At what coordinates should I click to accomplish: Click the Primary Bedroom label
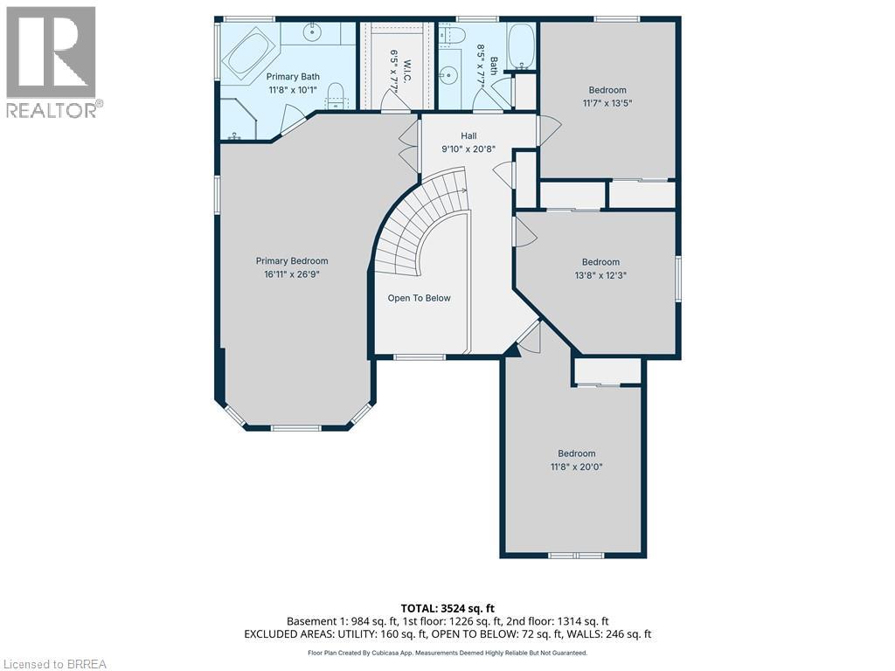[x=292, y=260]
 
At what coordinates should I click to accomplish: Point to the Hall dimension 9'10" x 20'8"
[x=468, y=149]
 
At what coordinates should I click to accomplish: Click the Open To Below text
[x=419, y=298]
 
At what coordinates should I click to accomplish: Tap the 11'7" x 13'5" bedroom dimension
[x=607, y=103]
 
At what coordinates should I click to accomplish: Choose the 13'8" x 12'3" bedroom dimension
[x=600, y=275]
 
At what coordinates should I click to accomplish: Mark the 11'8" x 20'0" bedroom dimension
[x=577, y=467]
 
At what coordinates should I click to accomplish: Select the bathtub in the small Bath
[x=521, y=45]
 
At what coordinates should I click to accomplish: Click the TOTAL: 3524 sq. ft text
[x=447, y=608]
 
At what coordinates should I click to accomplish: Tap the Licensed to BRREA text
[x=53, y=664]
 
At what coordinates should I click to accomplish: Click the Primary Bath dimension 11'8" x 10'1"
[x=293, y=90]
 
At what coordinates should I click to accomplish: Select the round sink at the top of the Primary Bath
[x=312, y=32]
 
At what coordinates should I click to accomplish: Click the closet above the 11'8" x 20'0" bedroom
[x=607, y=370]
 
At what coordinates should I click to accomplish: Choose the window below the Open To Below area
[x=420, y=357]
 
